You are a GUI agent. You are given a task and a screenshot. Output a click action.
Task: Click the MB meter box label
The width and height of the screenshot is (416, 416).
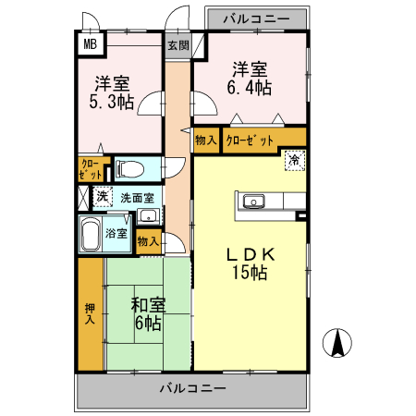click(x=91, y=44)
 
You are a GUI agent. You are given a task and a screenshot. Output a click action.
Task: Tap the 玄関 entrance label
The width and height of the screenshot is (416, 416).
click(x=178, y=45)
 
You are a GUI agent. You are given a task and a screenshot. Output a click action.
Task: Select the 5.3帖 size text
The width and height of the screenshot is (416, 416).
click(x=112, y=102)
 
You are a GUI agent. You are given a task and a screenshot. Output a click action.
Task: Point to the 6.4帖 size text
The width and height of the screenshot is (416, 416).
click(x=250, y=88)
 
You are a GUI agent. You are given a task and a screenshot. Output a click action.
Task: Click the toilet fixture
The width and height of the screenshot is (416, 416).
click(x=129, y=169)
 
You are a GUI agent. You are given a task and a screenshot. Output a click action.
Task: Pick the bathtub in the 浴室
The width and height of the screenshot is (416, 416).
click(x=91, y=234)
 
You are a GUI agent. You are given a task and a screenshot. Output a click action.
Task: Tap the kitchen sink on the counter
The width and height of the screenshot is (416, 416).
click(x=253, y=202)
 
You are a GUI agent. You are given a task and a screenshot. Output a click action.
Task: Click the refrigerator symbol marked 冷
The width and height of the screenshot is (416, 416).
click(x=295, y=160)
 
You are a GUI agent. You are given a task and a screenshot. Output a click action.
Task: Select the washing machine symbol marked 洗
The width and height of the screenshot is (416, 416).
click(x=103, y=196)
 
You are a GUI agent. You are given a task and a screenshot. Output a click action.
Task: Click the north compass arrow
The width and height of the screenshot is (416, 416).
click(x=337, y=343)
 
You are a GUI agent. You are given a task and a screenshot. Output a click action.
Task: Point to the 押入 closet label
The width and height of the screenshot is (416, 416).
click(x=90, y=313)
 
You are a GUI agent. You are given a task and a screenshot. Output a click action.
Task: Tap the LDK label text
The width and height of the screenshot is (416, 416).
click(x=251, y=255)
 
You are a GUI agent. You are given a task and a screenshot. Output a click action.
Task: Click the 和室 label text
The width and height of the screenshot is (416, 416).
click(x=149, y=305)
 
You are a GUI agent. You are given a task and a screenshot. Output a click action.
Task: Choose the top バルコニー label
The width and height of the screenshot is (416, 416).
click(x=257, y=19)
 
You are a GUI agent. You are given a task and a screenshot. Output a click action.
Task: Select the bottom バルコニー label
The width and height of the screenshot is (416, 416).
click(x=193, y=387)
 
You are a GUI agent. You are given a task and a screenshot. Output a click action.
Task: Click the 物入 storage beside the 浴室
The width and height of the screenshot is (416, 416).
click(x=149, y=241)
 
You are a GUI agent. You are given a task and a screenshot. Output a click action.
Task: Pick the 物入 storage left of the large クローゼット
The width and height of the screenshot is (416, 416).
click(x=206, y=141)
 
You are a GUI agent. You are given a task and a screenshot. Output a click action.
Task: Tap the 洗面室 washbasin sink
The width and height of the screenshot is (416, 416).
click(x=149, y=216)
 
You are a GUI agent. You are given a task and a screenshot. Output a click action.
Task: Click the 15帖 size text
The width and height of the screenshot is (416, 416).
click(x=250, y=272)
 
